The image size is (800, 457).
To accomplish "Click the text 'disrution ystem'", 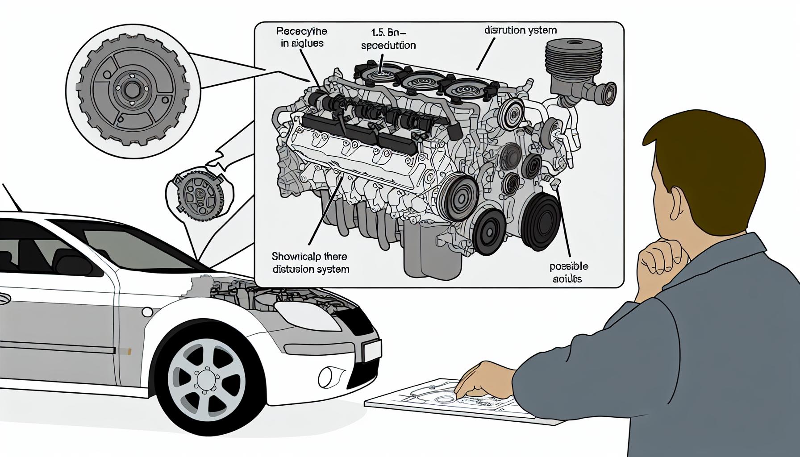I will [521, 31].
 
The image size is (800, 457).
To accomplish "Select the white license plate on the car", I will [372, 350].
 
